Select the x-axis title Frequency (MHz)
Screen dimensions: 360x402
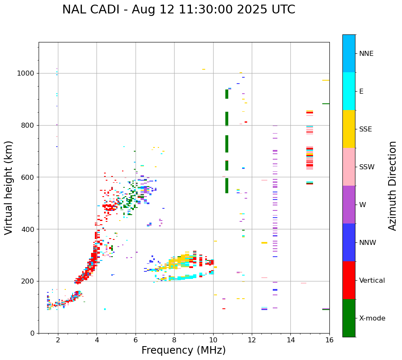tap(183, 350)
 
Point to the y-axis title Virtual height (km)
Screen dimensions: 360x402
tap(9, 187)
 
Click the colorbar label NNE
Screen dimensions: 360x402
tap(366, 54)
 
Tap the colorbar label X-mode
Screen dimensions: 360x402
tap(372, 318)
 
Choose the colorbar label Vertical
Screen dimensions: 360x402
tap(372, 281)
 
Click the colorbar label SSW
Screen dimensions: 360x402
tap(367, 167)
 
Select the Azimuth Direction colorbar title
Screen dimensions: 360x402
tap(392, 186)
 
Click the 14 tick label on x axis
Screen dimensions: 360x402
tap(290, 340)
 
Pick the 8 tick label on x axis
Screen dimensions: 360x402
tap(174, 340)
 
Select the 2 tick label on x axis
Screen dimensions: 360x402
tap(58, 340)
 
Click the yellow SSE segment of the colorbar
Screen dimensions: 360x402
tap(349, 129)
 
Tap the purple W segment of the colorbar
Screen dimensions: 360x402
tap(349, 205)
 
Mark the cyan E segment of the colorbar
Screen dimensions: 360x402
tap(349, 91)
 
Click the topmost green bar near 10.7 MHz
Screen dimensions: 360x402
tap(227, 94)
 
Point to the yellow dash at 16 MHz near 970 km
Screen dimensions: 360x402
tap(326, 80)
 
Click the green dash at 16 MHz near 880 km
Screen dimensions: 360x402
tap(326, 104)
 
